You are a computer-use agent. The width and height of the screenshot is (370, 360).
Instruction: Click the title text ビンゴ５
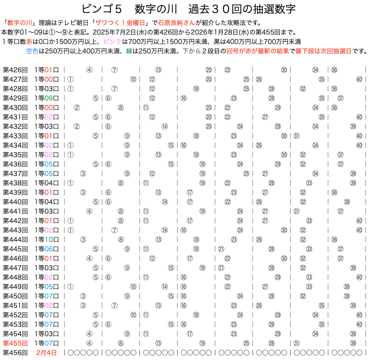[x=102, y=9]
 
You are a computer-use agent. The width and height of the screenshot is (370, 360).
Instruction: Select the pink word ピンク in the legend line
[x=112, y=42]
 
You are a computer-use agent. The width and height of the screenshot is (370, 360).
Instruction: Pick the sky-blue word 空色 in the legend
[x=32, y=51]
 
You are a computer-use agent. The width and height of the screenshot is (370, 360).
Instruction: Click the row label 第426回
[x=15, y=70]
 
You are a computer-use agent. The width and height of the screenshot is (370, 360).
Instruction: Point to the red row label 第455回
[x=15, y=343]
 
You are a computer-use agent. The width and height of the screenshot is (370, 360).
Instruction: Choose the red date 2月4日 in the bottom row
[x=47, y=353]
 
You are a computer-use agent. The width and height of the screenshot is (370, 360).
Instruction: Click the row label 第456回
[x=15, y=353]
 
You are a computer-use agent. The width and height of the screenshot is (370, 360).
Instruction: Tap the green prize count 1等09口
[x=47, y=98]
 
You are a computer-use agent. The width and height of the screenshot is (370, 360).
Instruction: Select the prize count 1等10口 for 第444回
[x=47, y=240]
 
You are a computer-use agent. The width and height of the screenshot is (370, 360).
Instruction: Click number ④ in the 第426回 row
[x=89, y=70]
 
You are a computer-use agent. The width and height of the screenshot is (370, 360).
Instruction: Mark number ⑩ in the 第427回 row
[x=133, y=79]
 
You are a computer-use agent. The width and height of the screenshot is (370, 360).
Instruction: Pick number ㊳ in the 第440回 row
[x=347, y=202]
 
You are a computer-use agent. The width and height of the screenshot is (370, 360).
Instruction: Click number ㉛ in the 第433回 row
[x=296, y=136]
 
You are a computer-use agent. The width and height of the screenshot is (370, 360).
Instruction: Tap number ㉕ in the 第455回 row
[x=246, y=343]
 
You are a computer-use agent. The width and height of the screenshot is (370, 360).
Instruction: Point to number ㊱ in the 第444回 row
[x=334, y=240]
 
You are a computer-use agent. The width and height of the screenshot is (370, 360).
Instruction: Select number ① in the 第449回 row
[x=70, y=287]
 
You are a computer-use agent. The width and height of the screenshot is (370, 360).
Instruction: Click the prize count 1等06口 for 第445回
[x=47, y=249]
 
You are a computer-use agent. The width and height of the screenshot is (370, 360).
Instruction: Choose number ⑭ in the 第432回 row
[x=165, y=127]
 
